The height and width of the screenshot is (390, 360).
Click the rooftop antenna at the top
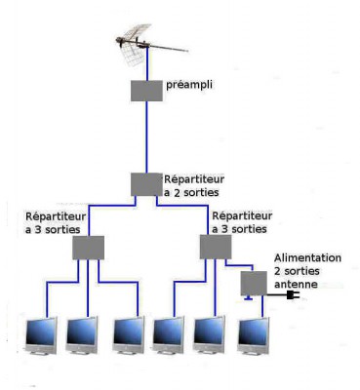(143, 44)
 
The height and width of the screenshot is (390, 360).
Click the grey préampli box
(146, 91)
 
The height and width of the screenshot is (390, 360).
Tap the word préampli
(189, 85)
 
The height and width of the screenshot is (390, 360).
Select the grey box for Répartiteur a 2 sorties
(146, 184)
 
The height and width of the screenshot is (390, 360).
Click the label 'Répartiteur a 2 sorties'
(194, 185)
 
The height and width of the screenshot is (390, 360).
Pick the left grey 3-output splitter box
(88, 248)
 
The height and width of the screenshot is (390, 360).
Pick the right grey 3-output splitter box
(216, 247)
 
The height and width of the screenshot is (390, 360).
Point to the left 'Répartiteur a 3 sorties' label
(56, 222)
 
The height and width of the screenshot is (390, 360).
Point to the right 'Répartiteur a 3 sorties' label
(242, 222)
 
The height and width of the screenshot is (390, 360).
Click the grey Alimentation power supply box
(254, 284)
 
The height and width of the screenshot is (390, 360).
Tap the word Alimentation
(307, 257)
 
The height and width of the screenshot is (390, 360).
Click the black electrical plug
(292, 295)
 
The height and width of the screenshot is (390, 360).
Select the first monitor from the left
(41, 335)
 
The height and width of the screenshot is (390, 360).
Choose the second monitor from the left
(82, 335)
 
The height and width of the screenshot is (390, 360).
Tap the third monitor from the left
(129, 334)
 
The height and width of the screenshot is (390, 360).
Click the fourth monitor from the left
(169, 334)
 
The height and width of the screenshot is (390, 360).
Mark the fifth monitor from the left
(209, 334)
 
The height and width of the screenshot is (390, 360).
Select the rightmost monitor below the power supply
(254, 336)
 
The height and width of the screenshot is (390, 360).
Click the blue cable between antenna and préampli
(147, 64)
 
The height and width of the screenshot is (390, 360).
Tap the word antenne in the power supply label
(296, 285)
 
